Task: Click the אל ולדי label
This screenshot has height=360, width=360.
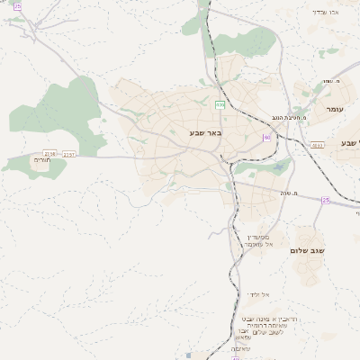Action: pos(258,295)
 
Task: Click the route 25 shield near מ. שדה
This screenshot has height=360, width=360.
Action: pos(325,200)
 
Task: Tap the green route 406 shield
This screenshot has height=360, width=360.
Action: pos(220,105)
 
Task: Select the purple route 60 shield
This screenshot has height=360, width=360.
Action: pos(266,138)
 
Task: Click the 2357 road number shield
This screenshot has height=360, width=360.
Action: pos(69,154)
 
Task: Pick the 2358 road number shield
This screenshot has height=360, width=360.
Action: pos(49,154)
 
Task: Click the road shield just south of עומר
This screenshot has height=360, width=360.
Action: pos(318,145)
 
